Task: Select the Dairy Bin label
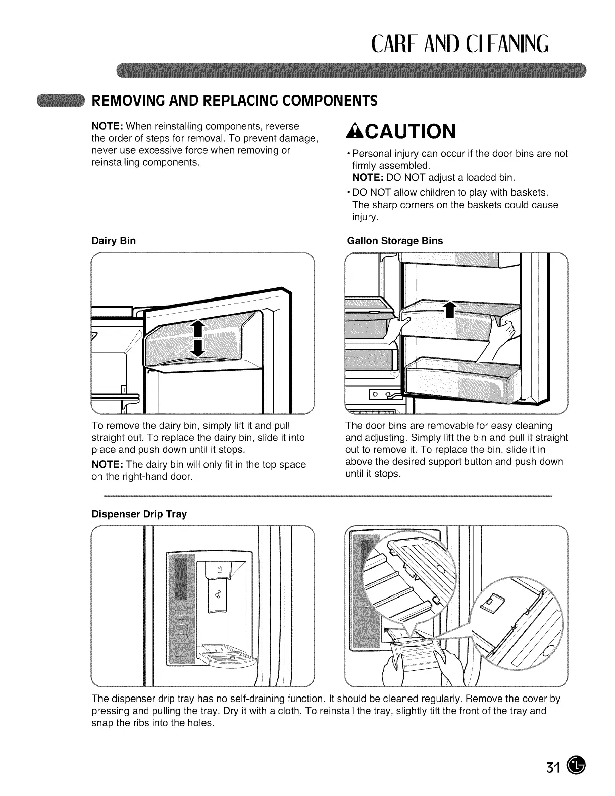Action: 113,241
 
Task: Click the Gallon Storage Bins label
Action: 395,241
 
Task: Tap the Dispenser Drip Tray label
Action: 139,514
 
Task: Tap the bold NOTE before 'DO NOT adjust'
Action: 366,177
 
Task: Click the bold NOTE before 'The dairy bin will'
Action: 108,465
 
